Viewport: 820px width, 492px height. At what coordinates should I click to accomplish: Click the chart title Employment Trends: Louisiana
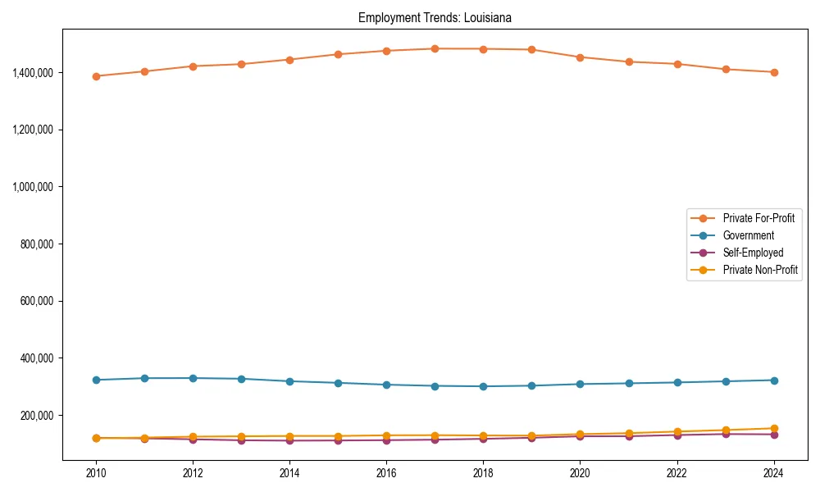[x=435, y=18]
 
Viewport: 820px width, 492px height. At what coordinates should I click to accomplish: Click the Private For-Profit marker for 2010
[x=96, y=76]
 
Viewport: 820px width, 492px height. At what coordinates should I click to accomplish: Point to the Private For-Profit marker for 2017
[x=435, y=48]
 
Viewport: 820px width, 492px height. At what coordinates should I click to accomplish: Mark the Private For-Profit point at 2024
[x=774, y=72]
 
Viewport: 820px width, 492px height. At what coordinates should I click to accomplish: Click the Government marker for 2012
[x=193, y=378]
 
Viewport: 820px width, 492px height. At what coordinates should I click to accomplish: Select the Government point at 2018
[x=483, y=386]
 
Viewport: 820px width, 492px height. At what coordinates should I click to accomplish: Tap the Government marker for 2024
[x=774, y=380]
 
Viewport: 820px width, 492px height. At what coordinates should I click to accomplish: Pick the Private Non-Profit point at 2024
[x=774, y=428]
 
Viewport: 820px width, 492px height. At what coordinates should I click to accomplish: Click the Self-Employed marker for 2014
[x=289, y=440]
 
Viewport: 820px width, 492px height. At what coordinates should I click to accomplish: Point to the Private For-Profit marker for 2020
[x=580, y=57]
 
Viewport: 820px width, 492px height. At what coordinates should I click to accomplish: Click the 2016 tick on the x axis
[x=386, y=473]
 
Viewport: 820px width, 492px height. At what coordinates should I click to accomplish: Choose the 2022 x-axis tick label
[x=677, y=473]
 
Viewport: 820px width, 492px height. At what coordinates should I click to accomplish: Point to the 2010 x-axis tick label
[x=96, y=473]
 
